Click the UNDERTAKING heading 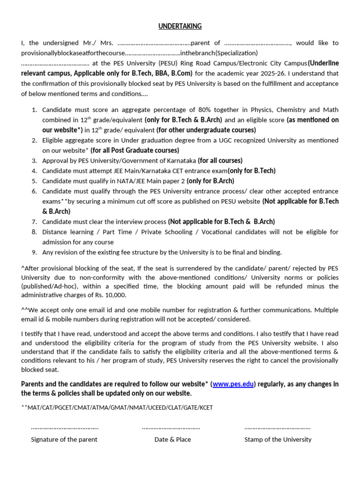(180, 26)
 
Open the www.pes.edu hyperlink (233, 384)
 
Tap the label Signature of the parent (64, 439)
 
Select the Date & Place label (172, 439)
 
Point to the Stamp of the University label (278, 439)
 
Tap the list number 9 (34, 252)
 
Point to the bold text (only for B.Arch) (210, 181)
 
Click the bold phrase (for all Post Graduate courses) (135, 150)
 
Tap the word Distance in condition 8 (55, 232)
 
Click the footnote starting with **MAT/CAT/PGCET (117, 407)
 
